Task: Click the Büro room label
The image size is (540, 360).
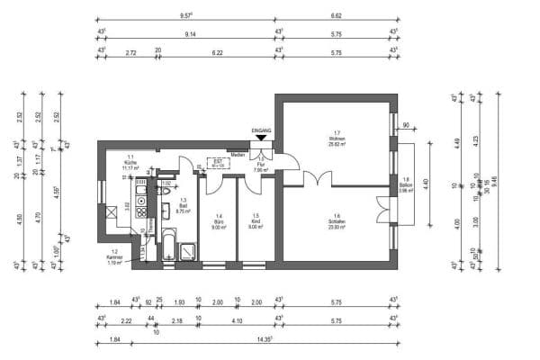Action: pyautogui.click(x=218, y=219)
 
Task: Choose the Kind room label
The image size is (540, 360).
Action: pyautogui.click(x=256, y=219)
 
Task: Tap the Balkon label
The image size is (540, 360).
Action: pyautogui.click(x=406, y=184)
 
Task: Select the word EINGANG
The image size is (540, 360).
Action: pyautogui.click(x=260, y=130)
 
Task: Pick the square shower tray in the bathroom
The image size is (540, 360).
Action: pyautogui.click(x=187, y=251)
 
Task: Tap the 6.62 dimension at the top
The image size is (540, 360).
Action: pyautogui.click(x=336, y=15)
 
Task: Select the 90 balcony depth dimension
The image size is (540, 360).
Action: pyautogui.click(x=406, y=124)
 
